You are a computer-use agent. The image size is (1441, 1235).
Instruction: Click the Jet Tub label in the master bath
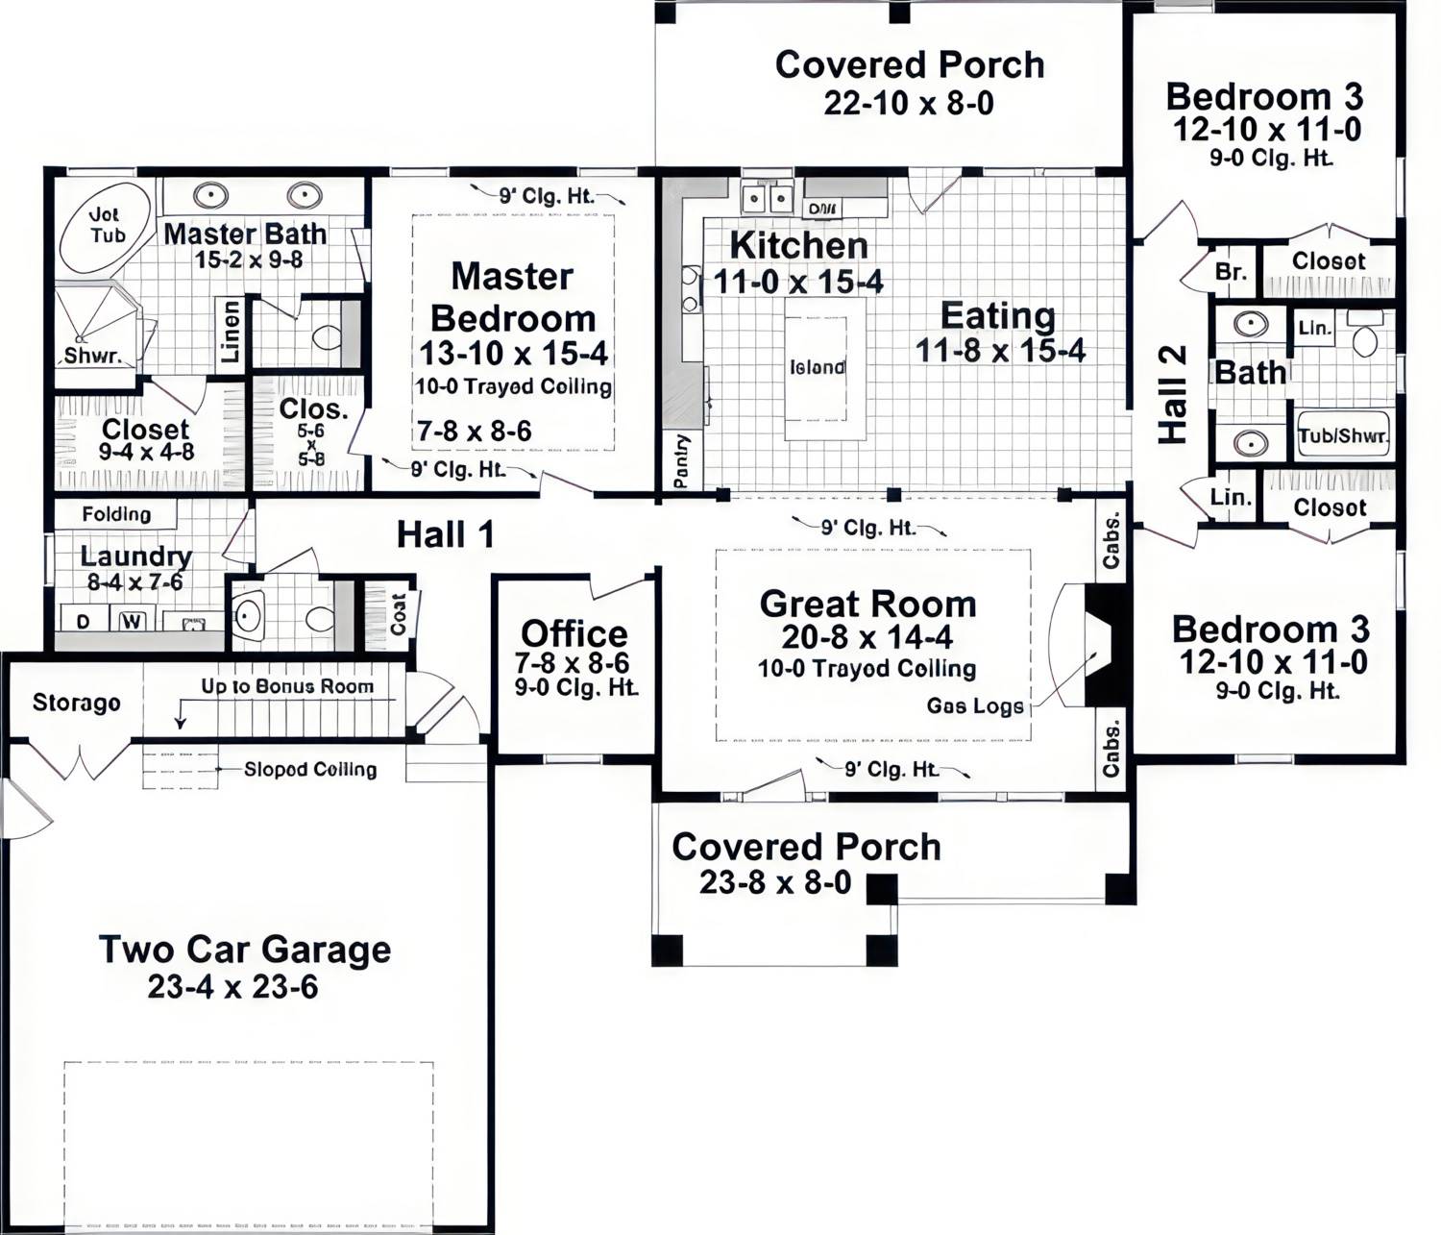(105, 225)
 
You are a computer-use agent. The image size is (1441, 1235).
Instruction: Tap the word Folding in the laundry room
(116, 514)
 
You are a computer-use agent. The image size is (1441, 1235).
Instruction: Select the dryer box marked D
(84, 621)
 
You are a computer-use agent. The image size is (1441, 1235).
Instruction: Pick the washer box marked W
(132, 621)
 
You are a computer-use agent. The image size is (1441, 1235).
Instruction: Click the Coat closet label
(398, 612)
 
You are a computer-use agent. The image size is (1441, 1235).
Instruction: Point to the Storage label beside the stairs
(76, 703)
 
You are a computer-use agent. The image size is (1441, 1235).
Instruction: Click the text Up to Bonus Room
(287, 686)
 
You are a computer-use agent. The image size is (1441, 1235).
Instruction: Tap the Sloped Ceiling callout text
(309, 769)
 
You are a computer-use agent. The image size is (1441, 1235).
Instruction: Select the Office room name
(574, 633)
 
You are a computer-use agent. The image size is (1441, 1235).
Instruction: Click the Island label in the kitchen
(817, 367)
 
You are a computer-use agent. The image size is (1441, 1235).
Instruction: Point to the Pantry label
(681, 461)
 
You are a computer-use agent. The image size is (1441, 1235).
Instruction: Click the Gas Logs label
(974, 706)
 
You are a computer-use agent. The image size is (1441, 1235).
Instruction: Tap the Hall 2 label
(1173, 394)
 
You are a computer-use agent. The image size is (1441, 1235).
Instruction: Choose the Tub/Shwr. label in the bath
(1343, 435)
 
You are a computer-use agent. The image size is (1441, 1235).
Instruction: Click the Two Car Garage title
(245, 949)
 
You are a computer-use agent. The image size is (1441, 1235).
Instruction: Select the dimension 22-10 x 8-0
(908, 103)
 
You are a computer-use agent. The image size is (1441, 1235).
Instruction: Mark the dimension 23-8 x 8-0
(774, 881)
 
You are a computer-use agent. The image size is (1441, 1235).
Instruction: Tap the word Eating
(997, 315)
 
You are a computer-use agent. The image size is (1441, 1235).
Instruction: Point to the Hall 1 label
(445, 534)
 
